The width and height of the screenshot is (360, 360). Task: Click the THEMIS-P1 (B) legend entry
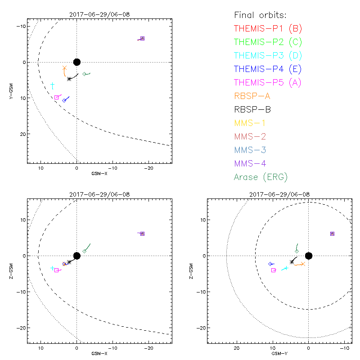click(268, 29)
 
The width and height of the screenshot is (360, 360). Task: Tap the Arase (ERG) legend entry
click(261, 177)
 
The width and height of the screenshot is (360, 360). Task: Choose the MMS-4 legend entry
click(252, 163)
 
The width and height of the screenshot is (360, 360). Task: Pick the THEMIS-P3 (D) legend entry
click(268, 56)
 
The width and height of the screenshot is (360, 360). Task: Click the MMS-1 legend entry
click(252, 123)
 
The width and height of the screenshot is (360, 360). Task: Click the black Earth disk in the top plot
click(77, 62)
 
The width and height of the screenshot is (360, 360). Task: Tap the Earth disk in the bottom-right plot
click(308, 256)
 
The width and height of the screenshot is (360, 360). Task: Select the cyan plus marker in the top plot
click(52, 85)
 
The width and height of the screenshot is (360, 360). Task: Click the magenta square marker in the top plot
click(56, 97)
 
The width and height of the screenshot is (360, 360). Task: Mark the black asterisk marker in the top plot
click(69, 79)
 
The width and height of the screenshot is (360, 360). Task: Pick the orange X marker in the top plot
click(64, 68)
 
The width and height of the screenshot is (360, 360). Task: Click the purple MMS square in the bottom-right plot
click(332, 234)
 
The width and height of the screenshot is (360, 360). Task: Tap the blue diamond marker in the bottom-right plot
click(270, 264)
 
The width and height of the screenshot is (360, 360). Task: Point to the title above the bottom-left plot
click(99, 194)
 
